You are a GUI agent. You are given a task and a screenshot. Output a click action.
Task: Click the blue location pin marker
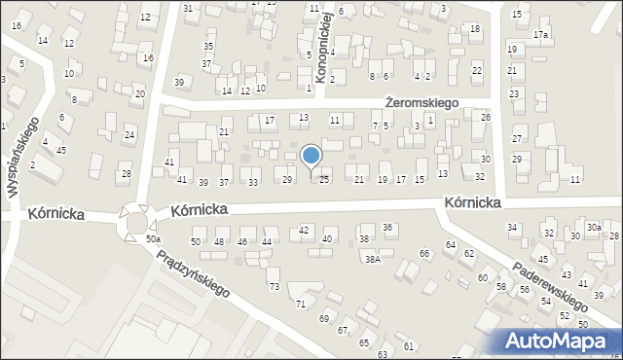pyautogui.click(x=311, y=156)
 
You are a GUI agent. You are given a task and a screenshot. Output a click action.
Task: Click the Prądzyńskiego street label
pyautogui.click(x=192, y=273)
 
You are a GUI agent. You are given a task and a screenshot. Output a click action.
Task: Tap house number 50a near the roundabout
pyautogui.click(x=152, y=238)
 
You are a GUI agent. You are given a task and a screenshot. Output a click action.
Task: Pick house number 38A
pyautogui.click(x=372, y=259)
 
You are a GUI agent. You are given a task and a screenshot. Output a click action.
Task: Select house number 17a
pyautogui.click(x=540, y=35)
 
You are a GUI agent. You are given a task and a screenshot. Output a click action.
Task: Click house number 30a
pyautogui.click(x=594, y=227)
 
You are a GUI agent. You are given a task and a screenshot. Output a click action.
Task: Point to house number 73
pyautogui.click(x=275, y=286)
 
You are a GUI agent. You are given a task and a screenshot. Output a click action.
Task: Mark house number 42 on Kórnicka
pyautogui.click(x=304, y=230)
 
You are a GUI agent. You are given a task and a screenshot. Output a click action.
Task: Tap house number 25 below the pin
pyautogui.click(x=324, y=179)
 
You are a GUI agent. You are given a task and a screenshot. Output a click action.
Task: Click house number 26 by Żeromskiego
pyautogui.click(x=485, y=117)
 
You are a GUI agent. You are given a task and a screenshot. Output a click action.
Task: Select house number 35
pyautogui.click(x=207, y=47)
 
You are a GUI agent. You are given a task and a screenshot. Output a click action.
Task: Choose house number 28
pyautogui.click(x=126, y=174)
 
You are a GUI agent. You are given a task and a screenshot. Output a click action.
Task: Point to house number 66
pyautogui.click(x=423, y=254)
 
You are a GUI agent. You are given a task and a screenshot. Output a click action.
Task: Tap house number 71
pyautogui.click(x=301, y=305)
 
